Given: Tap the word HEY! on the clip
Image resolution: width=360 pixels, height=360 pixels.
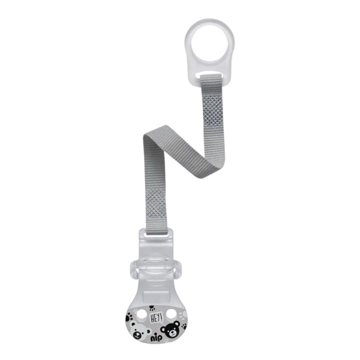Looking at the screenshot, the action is (156, 318).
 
